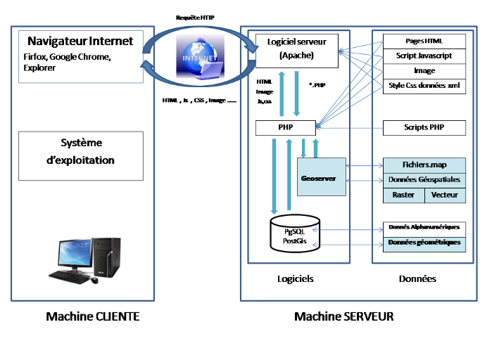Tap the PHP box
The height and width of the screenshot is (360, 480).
[x=286, y=127]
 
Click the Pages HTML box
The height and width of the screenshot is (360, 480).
[x=424, y=41]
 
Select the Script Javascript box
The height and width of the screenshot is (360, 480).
[x=424, y=55]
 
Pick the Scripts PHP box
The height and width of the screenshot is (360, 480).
[x=424, y=128]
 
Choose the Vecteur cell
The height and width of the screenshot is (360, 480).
[x=445, y=195]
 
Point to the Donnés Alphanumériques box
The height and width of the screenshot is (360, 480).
[x=424, y=227]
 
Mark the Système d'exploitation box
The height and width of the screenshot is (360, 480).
[x=82, y=150]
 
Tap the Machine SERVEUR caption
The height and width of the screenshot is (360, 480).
[x=343, y=317]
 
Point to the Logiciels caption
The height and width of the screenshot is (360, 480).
[x=296, y=279]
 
